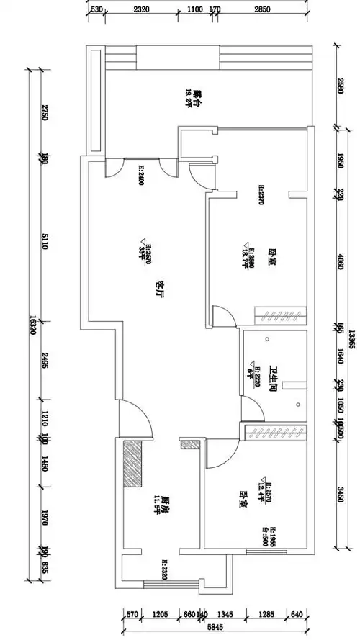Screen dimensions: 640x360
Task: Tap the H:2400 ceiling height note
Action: [x=140, y=175]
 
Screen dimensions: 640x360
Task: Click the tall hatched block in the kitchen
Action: [x=132, y=464]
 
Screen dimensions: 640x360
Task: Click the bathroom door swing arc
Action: [x=250, y=410]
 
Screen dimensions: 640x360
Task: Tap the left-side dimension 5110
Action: [x=44, y=245]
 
